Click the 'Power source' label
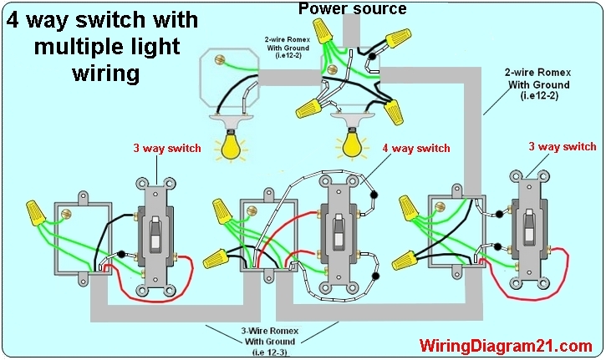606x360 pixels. [352, 9]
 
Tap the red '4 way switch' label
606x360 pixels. [417, 149]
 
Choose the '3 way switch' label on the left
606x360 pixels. [167, 149]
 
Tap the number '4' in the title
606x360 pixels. [14, 19]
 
